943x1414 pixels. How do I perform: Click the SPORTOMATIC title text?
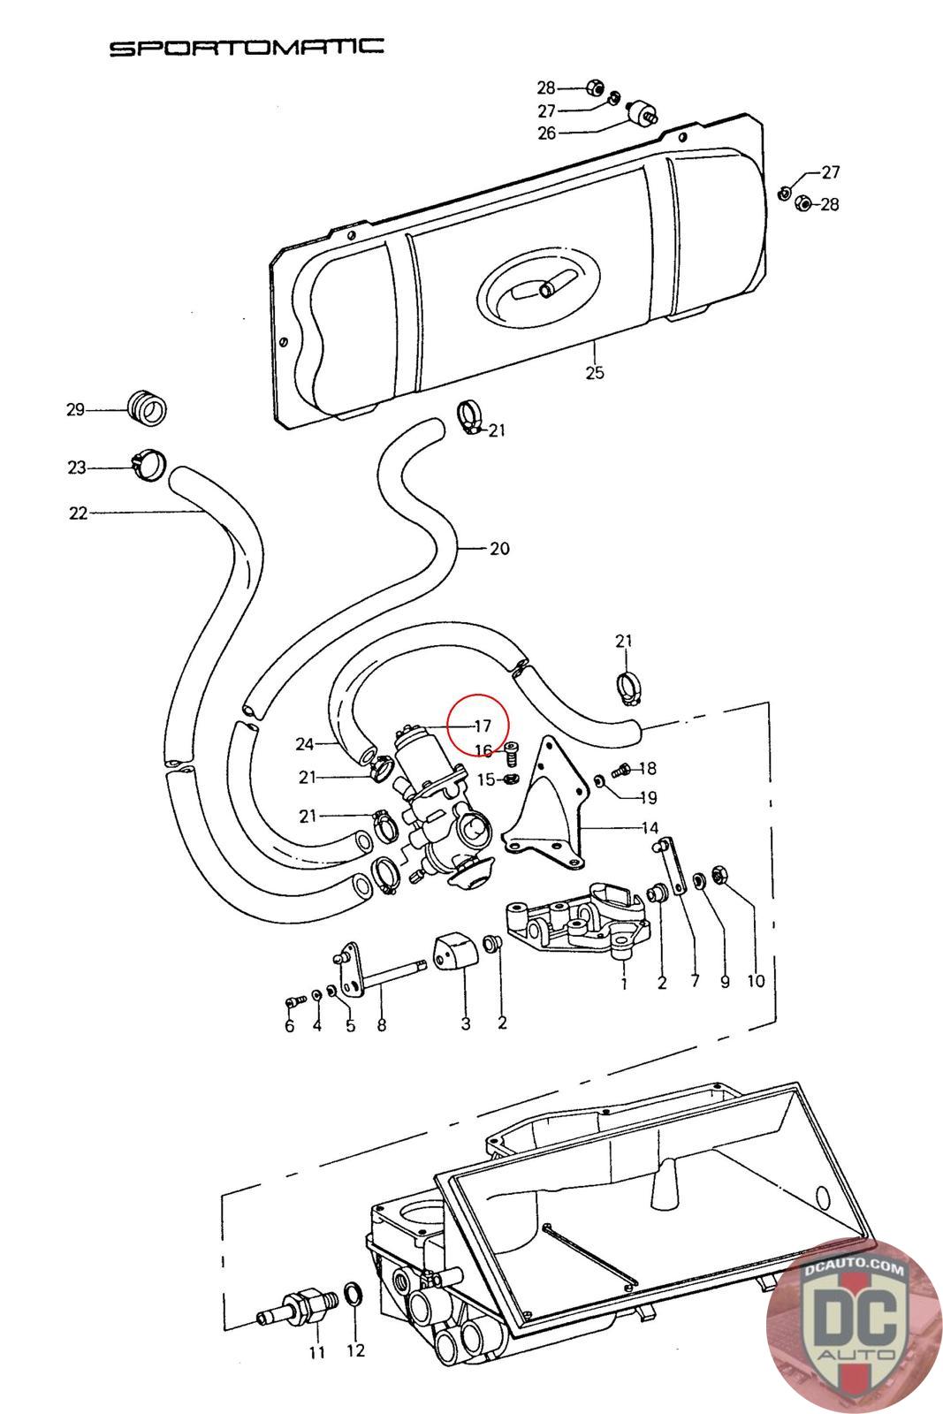(x=247, y=48)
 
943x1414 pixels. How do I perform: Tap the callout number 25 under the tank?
(x=595, y=372)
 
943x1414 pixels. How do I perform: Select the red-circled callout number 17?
(x=483, y=726)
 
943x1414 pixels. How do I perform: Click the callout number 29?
(x=76, y=410)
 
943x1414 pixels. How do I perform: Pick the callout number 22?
(x=79, y=513)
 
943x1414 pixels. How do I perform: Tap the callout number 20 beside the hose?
(x=499, y=549)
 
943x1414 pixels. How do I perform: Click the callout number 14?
(x=650, y=827)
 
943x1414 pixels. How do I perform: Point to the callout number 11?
(x=317, y=1352)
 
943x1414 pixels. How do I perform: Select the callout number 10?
(x=757, y=981)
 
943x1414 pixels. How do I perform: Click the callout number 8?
(x=381, y=1024)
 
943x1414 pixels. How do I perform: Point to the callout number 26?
(x=546, y=133)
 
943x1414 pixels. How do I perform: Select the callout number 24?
(x=305, y=744)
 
